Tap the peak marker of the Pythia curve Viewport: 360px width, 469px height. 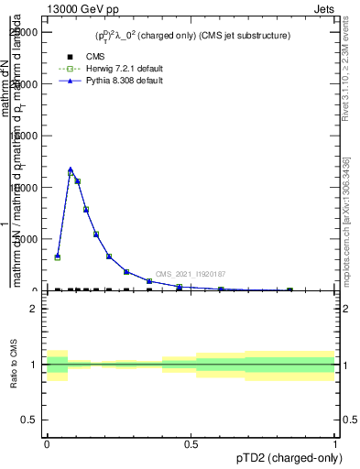pos(71,169)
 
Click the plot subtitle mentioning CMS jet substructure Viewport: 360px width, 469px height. pos(192,36)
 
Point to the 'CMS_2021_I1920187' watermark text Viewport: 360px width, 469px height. pos(190,274)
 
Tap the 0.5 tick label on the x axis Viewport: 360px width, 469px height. pos(191,442)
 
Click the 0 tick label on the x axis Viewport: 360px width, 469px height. pos(47,442)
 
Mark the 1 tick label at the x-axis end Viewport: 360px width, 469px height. pos(335,442)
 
